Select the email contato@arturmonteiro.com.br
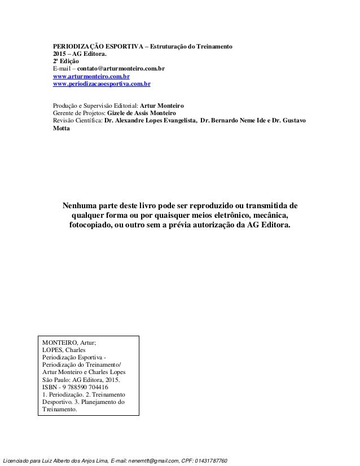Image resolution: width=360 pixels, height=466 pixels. coord(121,68)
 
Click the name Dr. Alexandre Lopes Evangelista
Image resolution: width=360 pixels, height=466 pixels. coord(147,120)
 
